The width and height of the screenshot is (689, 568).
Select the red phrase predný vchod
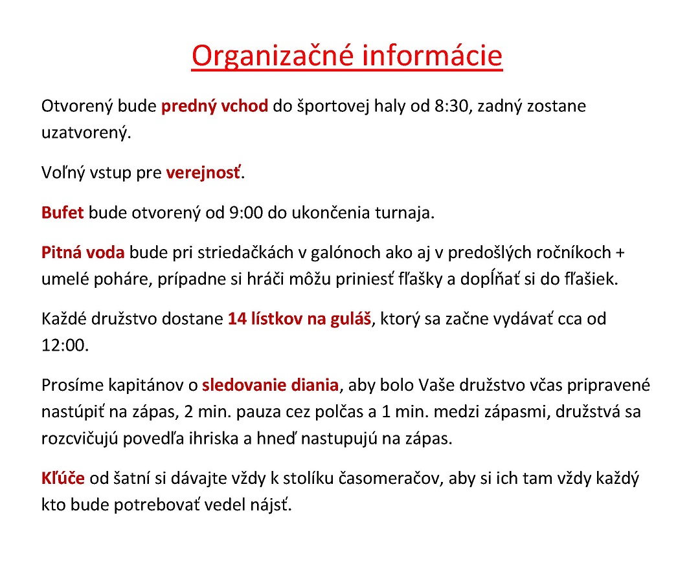pyautogui.click(x=214, y=106)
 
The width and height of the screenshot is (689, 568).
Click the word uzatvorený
pyautogui.click(x=85, y=133)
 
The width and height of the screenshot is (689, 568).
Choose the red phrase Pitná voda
pyautogui.click(x=82, y=252)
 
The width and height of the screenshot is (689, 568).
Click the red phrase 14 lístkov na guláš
pyautogui.click(x=300, y=319)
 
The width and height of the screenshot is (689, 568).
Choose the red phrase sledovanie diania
pyautogui.click(x=270, y=386)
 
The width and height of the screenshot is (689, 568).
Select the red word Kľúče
pyautogui.click(x=63, y=479)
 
